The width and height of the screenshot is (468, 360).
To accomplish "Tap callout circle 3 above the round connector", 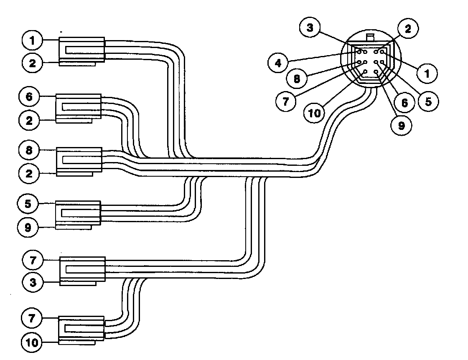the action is point(310,28).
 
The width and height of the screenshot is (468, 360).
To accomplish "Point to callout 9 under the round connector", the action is point(402,125).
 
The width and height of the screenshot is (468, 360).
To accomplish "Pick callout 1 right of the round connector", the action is point(427,74).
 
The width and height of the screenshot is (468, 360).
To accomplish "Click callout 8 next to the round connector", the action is point(297,79).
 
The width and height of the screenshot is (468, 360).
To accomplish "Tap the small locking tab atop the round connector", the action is point(370,37).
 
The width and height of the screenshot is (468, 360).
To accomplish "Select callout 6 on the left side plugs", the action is point(28,97).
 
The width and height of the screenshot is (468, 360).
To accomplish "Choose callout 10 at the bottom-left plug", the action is point(33,343).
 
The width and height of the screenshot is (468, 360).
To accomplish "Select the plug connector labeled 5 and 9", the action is point(78,214).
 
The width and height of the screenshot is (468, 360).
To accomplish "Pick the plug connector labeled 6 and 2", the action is point(78,108).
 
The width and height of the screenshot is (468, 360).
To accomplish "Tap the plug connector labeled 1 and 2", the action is point(81,51).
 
